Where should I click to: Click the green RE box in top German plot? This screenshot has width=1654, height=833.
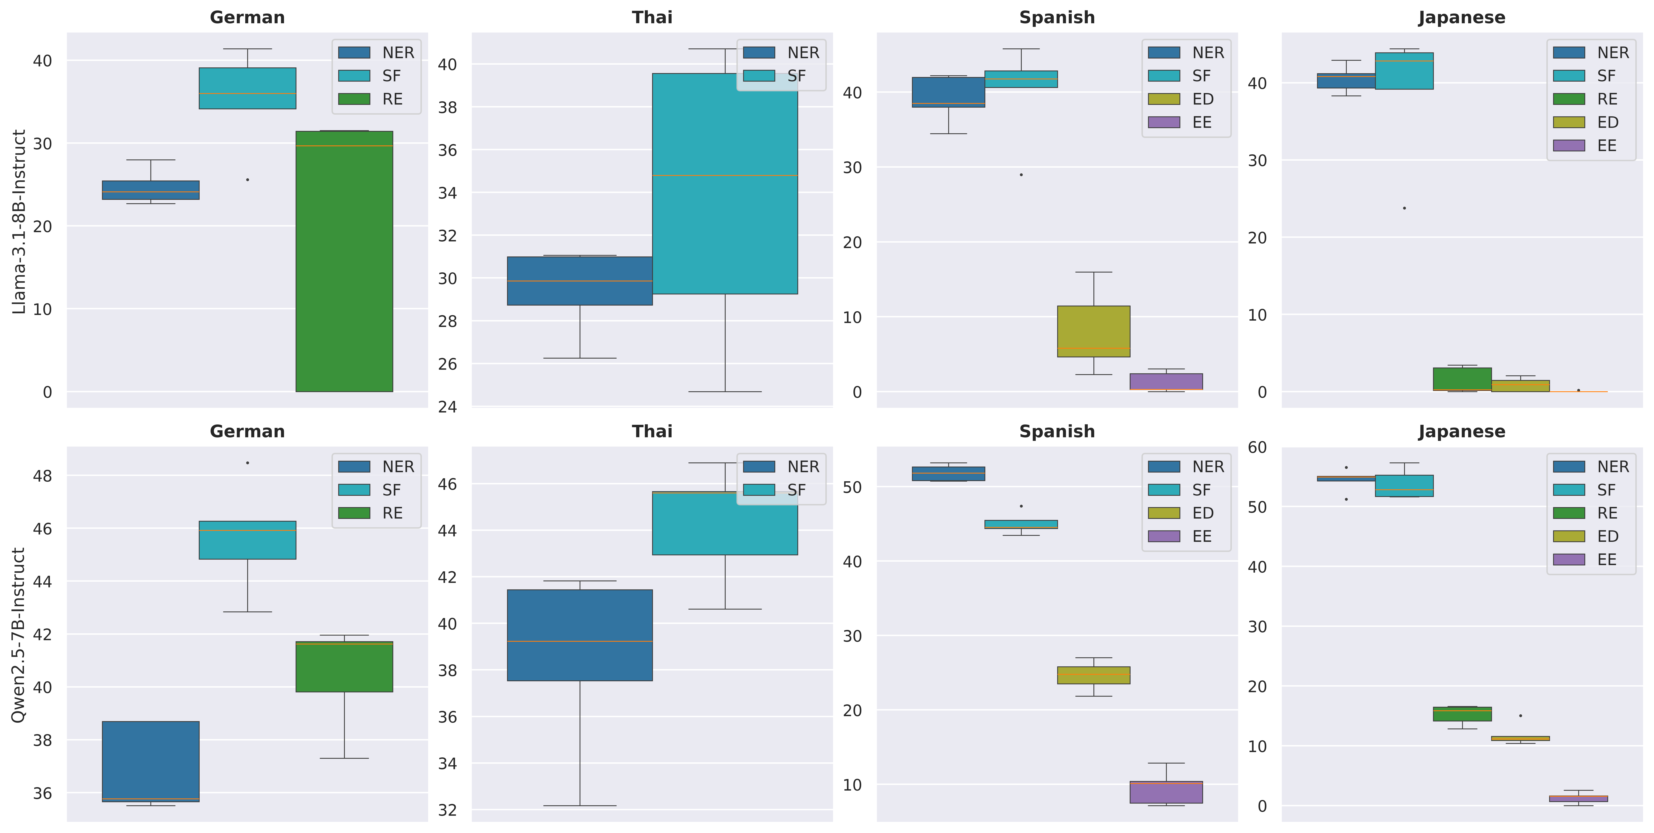[x=344, y=261]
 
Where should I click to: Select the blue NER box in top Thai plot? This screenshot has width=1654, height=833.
[x=580, y=281]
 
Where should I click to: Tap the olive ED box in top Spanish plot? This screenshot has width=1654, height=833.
[x=1093, y=331]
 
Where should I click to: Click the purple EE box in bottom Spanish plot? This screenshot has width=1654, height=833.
[x=1166, y=792]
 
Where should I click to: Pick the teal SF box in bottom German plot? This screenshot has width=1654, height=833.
[x=247, y=540]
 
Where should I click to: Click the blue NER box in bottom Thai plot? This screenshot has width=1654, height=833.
[x=580, y=635]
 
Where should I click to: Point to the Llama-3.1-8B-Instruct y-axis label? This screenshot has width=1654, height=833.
[x=19, y=222]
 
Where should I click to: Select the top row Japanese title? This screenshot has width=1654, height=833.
[x=1461, y=17]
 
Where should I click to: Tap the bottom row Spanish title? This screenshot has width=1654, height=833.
[x=1057, y=431]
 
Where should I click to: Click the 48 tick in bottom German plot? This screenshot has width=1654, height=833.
[x=42, y=476]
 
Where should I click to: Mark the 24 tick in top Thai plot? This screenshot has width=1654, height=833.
[x=447, y=406]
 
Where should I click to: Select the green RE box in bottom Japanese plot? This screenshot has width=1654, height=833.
[x=1462, y=714]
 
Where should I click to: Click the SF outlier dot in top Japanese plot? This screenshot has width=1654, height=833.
[x=1404, y=208]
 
